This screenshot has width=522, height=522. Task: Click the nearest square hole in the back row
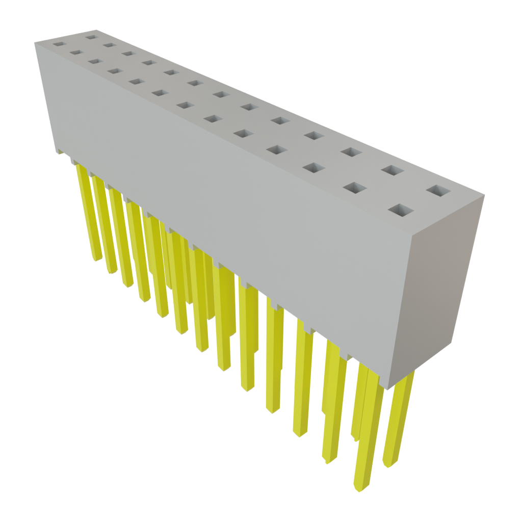click(x=439, y=191)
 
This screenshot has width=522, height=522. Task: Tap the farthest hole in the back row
click(x=91, y=36)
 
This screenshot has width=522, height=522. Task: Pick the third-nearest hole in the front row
click(x=315, y=168)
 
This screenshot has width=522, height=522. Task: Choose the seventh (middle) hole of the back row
click(x=220, y=94)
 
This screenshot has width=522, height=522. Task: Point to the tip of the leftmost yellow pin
click(x=97, y=259)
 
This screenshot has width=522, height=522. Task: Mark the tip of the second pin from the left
click(x=112, y=271)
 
